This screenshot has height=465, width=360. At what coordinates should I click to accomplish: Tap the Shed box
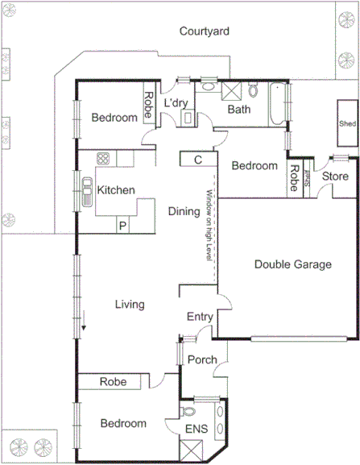pyautogui.click(x=347, y=124)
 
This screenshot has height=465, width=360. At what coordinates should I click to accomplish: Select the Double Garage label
pyautogui.click(x=293, y=264)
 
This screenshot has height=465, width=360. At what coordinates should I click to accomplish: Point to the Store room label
pyautogui.click(x=334, y=176)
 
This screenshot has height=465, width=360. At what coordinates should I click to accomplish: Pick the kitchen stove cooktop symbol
pyautogui.click(x=103, y=158)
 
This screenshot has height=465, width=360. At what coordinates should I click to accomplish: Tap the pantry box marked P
pyautogui.click(x=122, y=226)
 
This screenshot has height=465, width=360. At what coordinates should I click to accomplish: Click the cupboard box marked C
pyautogui.click(x=198, y=160)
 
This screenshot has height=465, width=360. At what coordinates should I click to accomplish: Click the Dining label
pyautogui.click(x=184, y=212)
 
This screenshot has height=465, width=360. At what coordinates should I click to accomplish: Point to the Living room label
pyautogui.click(x=129, y=305)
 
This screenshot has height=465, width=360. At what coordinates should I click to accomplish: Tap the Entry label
pyautogui.click(x=199, y=317)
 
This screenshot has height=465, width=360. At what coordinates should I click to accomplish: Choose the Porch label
pyautogui.click(x=201, y=359)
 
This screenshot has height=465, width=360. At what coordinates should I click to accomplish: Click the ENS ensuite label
pyautogui.click(x=197, y=430)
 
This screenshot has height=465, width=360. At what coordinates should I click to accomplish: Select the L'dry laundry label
pyautogui.click(x=176, y=104)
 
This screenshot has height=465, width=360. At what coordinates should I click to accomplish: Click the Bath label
pyautogui.click(x=239, y=110)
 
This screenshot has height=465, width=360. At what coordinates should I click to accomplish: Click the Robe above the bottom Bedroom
pyautogui.click(x=113, y=383)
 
